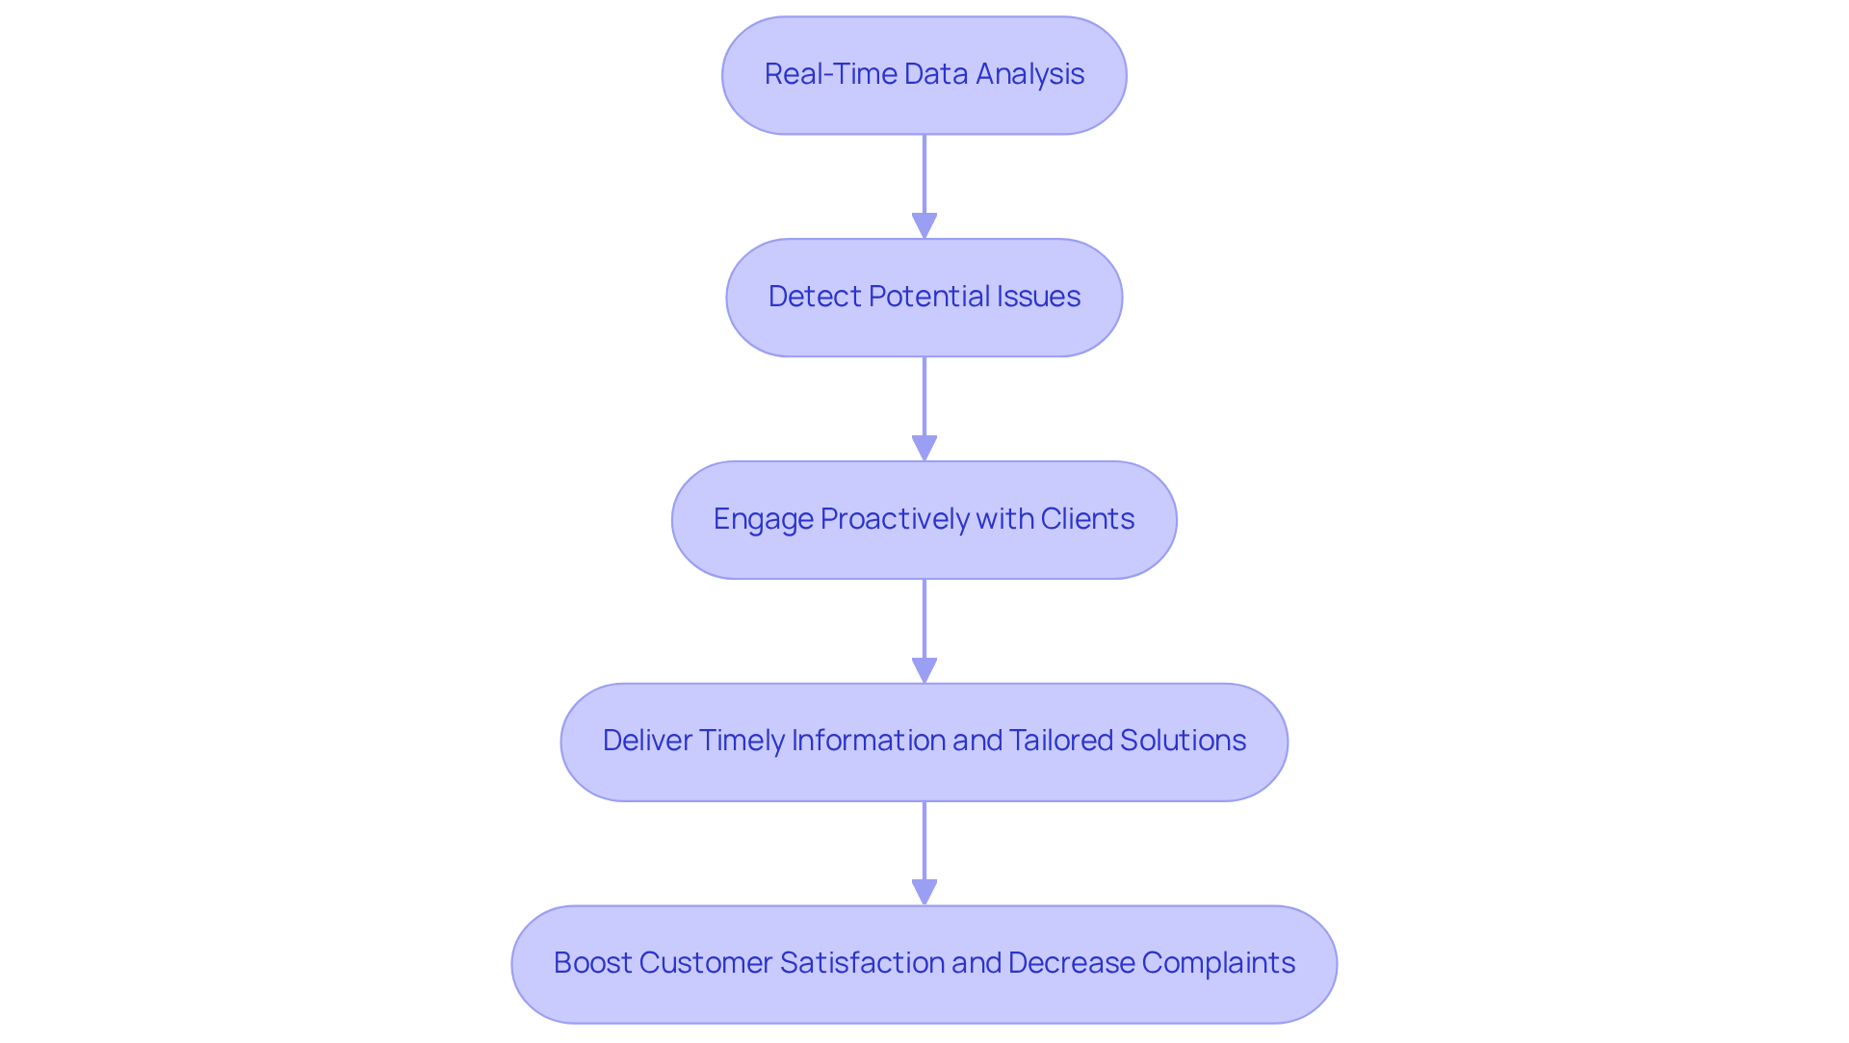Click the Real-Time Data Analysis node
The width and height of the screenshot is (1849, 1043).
click(x=924, y=75)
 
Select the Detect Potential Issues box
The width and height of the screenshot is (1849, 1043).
click(x=924, y=298)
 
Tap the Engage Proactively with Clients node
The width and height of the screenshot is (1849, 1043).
click(x=924, y=520)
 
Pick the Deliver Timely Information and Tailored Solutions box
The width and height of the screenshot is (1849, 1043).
click(x=924, y=742)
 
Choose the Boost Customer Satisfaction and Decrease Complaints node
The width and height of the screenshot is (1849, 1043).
click(x=924, y=964)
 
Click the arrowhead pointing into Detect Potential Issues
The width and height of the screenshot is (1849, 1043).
click(x=924, y=225)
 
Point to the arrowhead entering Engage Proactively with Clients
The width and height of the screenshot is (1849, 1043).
click(x=924, y=448)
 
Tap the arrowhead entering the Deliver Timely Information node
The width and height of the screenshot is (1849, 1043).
click(x=924, y=670)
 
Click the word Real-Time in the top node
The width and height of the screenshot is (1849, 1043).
click(x=818, y=74)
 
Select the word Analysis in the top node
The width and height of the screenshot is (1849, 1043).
click(x=1029, y=74)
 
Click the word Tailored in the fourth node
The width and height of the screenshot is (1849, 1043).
click(x=1060, y=741)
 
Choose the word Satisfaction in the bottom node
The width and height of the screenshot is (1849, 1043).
click(x=862, y=963)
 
